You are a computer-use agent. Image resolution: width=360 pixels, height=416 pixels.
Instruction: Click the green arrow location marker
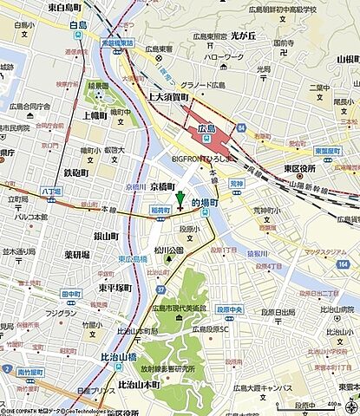click(x=180, y=201)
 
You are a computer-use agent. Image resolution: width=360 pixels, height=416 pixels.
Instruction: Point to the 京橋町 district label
click(x=161, y=186)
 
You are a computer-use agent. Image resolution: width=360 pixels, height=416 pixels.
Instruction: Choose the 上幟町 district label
click(x=95, y=114)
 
